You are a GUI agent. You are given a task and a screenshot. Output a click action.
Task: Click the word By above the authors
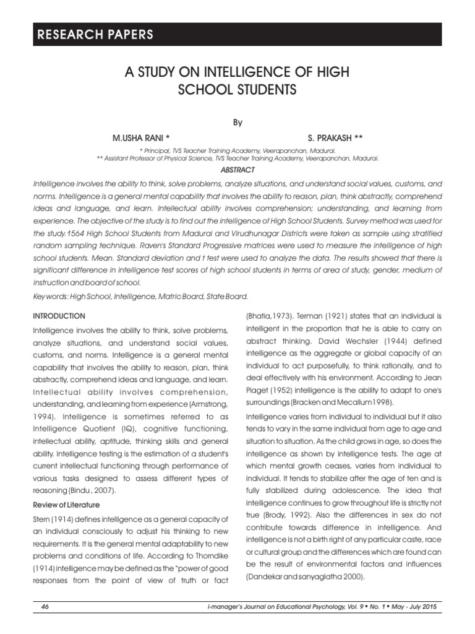[x=237, y=122]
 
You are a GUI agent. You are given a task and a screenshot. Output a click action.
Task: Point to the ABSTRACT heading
[x=237, y=169]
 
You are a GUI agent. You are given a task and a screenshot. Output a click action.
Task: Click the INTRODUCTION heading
[x=59, y=316]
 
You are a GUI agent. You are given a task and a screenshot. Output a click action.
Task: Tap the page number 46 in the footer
[x=45, y=607]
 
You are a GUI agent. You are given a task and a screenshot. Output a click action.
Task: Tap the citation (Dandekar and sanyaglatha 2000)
[x=296, y=577]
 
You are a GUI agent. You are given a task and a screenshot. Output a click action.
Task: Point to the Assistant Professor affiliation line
[x=237, y=158]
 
